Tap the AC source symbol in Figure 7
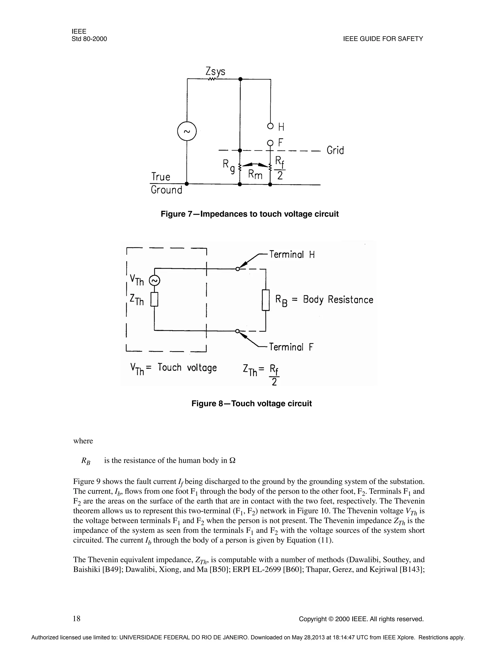(x=187, y=131)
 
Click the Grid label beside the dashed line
(x=335, y=150)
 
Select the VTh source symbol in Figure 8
(x=154, y=281)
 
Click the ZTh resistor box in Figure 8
(x=154, y=299)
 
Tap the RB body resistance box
(x=266, y=300)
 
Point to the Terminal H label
(x=292, y=255)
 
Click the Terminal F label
(x=291, y=347)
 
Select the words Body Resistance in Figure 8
(x=338, y=300)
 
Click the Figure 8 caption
(x=251, y=403)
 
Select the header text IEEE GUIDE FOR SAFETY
(x=383, y=39)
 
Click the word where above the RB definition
(x=83, y=441)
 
